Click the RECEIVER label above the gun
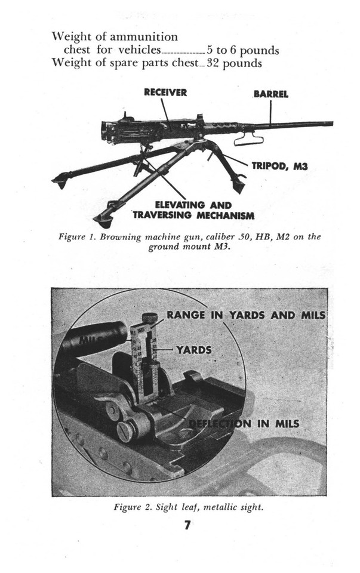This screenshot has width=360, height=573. [165, 93]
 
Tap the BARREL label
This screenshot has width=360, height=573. [270, 94]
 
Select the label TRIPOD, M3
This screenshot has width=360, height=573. [279, 167]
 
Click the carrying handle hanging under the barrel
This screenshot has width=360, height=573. [248, 139]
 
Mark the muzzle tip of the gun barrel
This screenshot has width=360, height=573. [331, 124]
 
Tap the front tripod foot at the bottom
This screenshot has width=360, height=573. [103, 221]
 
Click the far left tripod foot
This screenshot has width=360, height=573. [60, 180]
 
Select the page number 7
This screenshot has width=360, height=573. [187, 526]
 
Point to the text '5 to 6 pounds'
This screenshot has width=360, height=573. [243, 50]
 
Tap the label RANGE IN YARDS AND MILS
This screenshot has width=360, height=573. [246, 315]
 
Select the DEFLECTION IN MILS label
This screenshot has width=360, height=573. [244, 424]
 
